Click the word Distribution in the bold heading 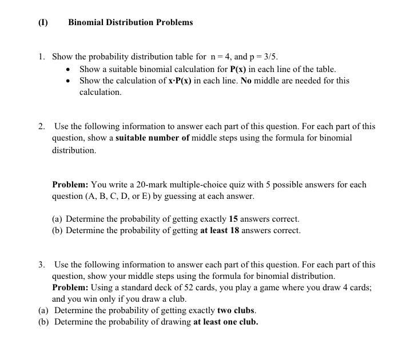(x=130, y=22)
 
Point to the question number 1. (x=42, y=57)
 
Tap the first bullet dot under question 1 (x=69, y=70)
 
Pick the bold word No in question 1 (x=246, y=81)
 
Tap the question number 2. (x=42, y=126)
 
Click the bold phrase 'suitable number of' (x=153, y=138)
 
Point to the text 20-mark (x=148, y=185)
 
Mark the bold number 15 (x=233, y=219)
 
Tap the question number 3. (x=42, y=265)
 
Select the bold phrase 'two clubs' (x=236, y=310)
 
